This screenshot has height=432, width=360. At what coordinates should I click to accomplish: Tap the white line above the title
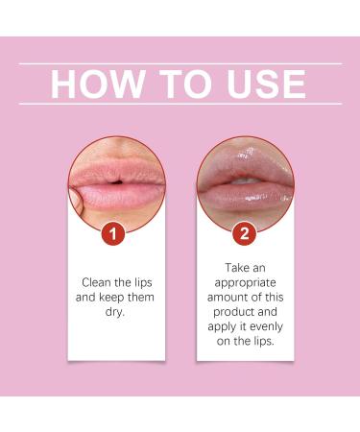[180, 63]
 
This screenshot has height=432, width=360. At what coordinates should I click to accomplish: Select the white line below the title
[180, 104]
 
